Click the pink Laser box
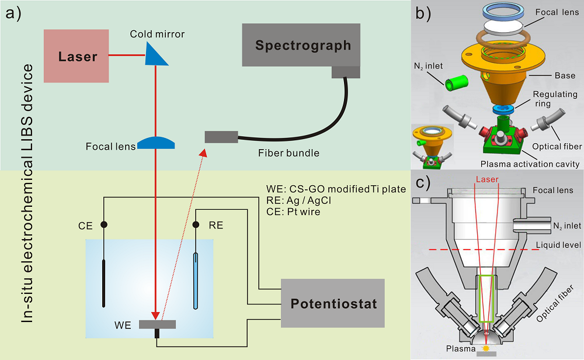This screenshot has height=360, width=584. click(x=76, y=57)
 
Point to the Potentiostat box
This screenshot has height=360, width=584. click(x=333, y=303)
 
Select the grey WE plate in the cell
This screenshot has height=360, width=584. click(x=157, y=324)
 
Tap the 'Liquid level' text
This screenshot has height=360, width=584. click(x=559, y=245)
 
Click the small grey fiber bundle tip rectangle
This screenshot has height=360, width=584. click(x=221, y=137)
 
